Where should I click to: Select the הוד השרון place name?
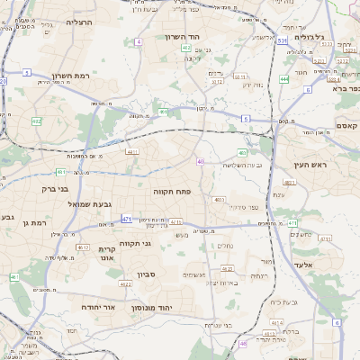(x=186, y=37)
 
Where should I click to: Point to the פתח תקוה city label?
(x=173, y=192)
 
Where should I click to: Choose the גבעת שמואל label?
(x=90, y=204)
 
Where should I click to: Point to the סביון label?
(x=147, y=274)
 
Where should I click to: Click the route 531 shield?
(x=282, y=40)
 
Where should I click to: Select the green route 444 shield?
(x=284, y=79)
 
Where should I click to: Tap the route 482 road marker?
(x=36, y=121)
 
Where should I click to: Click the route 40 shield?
(x=200, y=162)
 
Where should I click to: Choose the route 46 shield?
(x=242, y=343)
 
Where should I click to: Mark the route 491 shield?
(x=164, y=112)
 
